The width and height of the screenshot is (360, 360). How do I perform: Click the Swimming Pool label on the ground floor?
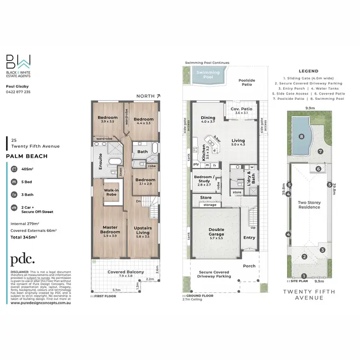pyautogui.click(x=208, y=75)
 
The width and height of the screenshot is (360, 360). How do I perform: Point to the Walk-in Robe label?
pyautogui.click(x=112, y=192)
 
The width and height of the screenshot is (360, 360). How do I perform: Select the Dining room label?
pyautogui.click(x=208, y=120)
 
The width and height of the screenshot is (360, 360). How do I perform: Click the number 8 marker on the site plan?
pyautogui.click(x=301, y=137)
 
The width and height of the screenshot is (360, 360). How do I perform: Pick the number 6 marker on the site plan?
pyautogui.click(x=318, y=168)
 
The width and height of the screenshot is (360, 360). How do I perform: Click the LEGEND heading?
pyautogui.click(x=309, y=71)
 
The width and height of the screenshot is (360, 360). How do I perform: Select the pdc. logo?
pyautogui.click(x=23, y=259)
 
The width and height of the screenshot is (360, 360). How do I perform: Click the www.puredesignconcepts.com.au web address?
pyautogui.click(x=41, y=303)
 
